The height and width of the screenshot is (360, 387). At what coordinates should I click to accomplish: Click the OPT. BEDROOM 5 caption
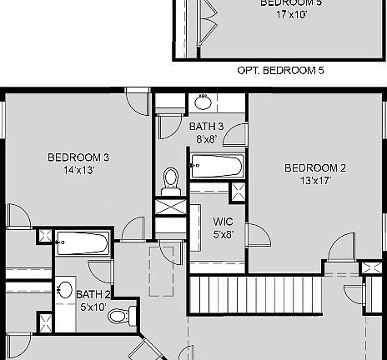(x=281, y=71)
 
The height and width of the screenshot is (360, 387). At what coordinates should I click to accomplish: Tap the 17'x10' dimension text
(x=280, y=14)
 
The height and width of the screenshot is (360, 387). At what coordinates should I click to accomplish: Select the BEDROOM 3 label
(x=78, y=157)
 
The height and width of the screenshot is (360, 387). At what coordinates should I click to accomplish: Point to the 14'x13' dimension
(x=78, y=170)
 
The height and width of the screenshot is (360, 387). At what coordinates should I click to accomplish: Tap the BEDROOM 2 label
(x=315, y=167)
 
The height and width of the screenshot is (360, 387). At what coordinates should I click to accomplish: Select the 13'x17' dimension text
(x=315, y=180)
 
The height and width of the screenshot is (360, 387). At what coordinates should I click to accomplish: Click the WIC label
(x=223, y=222)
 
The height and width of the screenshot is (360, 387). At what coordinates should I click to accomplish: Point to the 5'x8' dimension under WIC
(x=223, y=234)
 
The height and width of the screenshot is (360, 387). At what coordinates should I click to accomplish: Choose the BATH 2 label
(x=93, y=294)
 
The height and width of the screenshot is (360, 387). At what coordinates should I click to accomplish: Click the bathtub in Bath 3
(x=216, y=166)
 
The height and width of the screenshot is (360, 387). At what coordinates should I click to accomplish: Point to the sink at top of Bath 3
(x=203, y=102)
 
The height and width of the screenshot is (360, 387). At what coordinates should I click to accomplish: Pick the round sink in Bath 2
(x=64, y=291)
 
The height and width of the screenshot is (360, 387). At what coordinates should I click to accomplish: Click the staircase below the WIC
(x=255, y=295)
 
